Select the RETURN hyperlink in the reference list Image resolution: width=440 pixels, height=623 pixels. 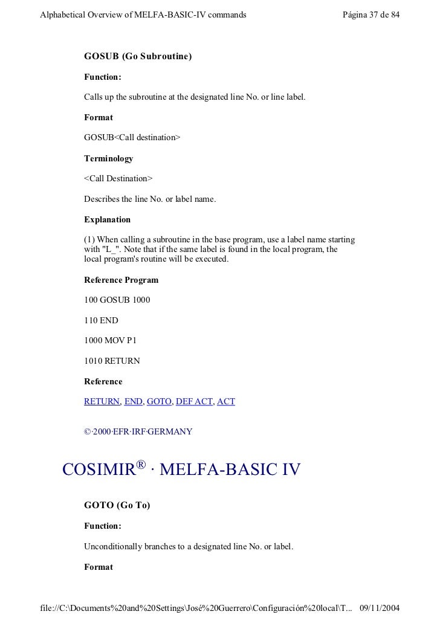(102, 401)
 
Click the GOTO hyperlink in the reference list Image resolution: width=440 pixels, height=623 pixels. (159, 401)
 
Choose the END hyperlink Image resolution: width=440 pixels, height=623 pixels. (133, 401)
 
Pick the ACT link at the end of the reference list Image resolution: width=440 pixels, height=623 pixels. (226, 401)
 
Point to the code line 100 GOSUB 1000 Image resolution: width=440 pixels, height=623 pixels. (117, 300)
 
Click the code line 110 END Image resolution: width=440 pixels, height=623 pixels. (101, 320)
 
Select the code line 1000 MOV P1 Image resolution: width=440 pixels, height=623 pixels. (111, 340)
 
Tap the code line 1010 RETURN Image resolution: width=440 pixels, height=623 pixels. (112, 361)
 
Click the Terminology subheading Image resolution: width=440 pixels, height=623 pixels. (108, 158)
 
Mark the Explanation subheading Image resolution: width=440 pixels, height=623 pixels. (107, 219)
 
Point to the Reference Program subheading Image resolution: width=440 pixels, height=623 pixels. (121, 280)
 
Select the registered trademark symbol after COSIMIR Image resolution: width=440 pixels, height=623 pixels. (141, 464)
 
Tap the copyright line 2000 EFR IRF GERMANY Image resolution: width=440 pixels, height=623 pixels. (138, 431)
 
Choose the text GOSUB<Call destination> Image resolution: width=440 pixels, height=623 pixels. (132, 138)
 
